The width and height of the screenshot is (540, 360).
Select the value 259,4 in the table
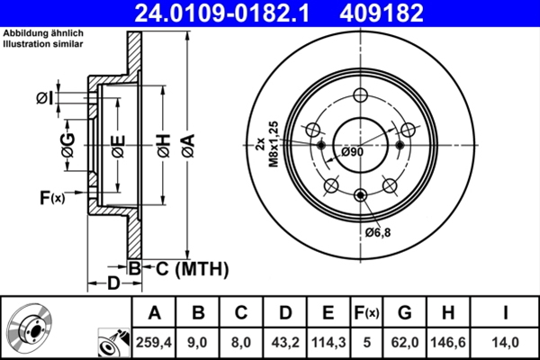point(154,341)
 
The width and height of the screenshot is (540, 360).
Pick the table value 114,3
point(328,341)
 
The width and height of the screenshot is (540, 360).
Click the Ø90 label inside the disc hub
point(352,152)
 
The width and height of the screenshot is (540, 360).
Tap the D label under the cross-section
point(113,285)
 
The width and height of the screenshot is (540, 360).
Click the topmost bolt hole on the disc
point(361,97)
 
